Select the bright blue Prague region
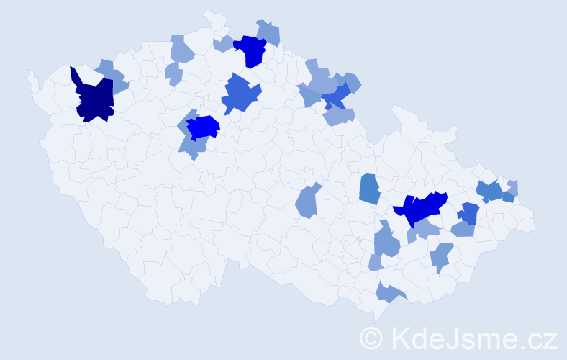point(203,127)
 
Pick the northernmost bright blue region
point(252,50)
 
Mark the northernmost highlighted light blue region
point(269,32)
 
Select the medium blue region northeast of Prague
point(240,94)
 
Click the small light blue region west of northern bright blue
point(222,45)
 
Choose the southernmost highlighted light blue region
point(389,292)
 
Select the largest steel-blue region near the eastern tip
point(490,191)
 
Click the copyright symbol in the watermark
point(371,337)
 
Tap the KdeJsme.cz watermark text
point(471,337)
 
